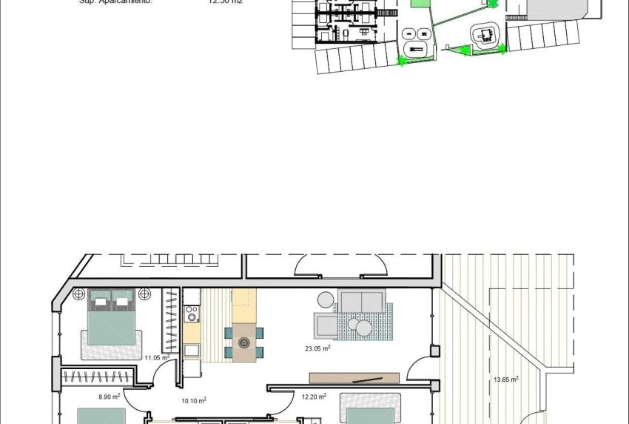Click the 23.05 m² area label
tap(317, 347)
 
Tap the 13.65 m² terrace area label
tap(505, 380)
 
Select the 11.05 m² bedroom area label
tap(157, 357)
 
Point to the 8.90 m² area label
tap(110, 397)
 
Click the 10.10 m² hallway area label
tap(193, 400)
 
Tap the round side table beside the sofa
tap(326, 299)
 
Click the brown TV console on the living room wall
tap(354, 378)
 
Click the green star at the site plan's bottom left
tap(403, 61)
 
